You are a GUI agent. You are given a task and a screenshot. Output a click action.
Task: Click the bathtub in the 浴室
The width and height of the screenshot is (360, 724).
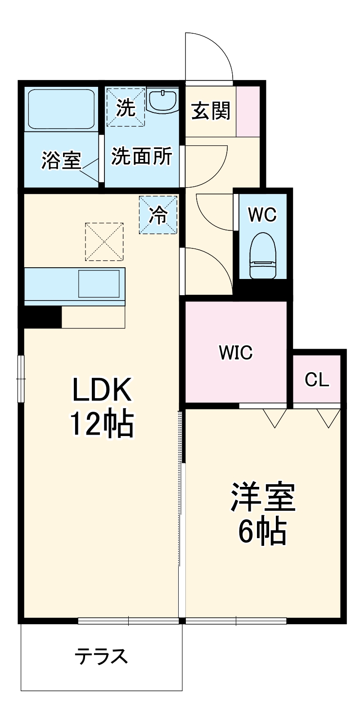(61, 109)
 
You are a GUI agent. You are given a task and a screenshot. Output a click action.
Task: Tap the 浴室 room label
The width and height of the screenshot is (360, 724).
(61, 161)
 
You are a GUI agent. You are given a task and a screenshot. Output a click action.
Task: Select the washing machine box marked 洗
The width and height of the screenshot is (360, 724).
(126, 107)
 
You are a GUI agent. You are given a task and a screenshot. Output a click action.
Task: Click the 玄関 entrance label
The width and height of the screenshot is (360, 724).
(211, 111)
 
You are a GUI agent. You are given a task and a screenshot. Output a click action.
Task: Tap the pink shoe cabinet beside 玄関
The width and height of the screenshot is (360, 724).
(248, 111)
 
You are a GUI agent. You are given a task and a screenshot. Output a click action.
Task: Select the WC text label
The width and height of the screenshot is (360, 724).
(262, 215)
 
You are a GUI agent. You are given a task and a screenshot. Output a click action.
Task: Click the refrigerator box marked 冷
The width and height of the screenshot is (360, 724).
(158, 215)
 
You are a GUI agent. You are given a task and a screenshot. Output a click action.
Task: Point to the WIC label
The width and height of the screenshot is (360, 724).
(236, 352)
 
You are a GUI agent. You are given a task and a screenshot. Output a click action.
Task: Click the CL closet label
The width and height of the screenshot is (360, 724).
(317, 379)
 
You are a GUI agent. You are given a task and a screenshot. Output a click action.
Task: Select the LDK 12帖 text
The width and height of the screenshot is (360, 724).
(102, 407)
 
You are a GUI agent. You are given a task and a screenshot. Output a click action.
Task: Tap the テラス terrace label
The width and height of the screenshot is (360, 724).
(101, 657)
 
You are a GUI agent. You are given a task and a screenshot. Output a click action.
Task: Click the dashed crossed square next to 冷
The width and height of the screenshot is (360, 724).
(104, 242)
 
